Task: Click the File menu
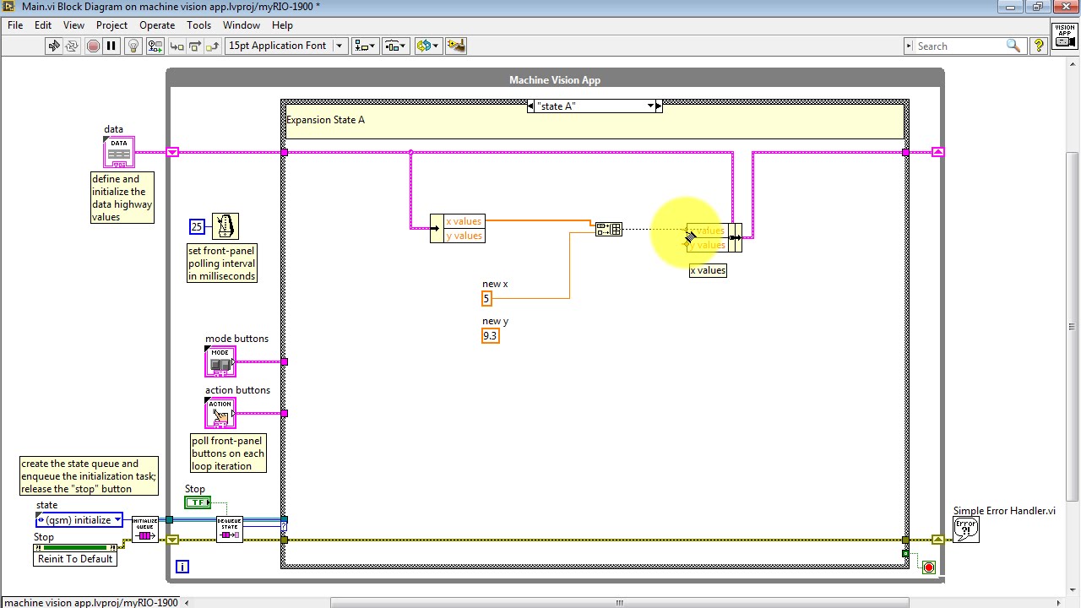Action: tap(15, 25)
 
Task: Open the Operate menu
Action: tap(157, 25)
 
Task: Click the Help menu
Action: tap(282, 25)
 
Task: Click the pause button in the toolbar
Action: tap(111, 46)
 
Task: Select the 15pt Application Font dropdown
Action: tap(285, 46)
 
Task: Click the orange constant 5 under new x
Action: tap(486, 298)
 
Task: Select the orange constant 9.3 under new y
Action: tap(490, 336)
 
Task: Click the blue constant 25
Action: tap(197, 226)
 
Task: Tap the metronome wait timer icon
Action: tap(225, 226)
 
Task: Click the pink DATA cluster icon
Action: tap(119, 152)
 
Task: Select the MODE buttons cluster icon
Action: tap(220, 362)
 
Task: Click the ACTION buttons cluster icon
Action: tap(220, 413)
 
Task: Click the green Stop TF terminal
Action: tap(198, 502)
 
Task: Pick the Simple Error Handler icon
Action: tap(966, 529)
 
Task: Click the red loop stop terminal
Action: tap(929, 567)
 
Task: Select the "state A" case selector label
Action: tap(591, 106)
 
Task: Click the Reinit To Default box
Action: tap(75, 559)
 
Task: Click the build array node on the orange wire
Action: tap(609, 229)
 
